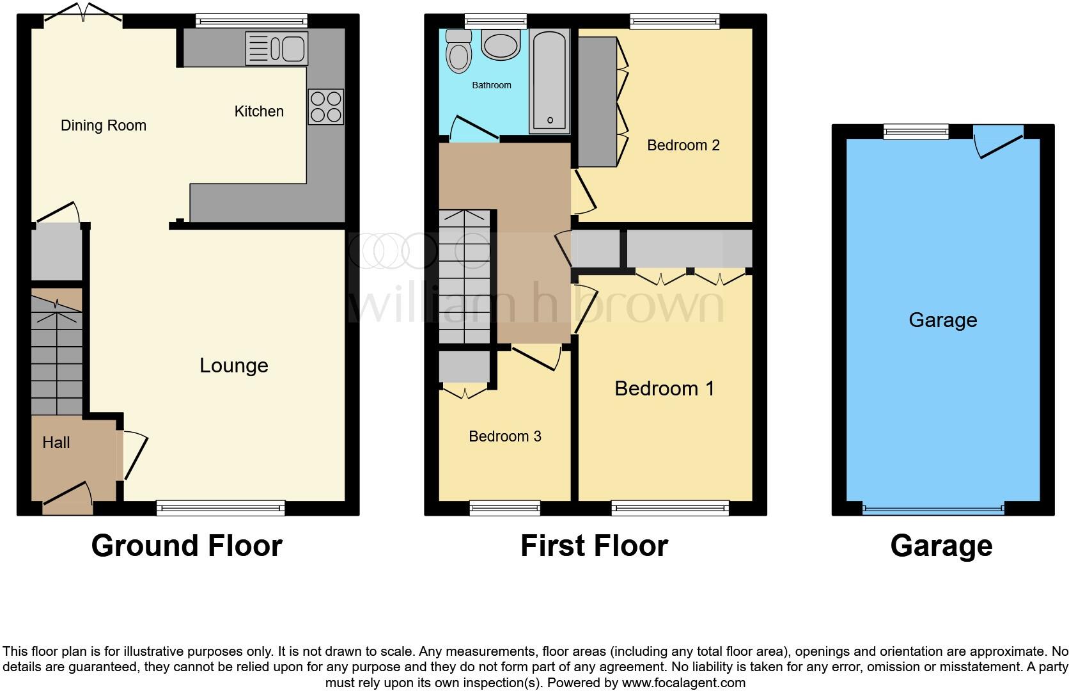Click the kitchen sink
pyautogui.click(x=277, y=49)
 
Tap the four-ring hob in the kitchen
pyautogui.click(x=326, y=107)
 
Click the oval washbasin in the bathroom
pyautogui.click(x=501, y=46)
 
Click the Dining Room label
pyautogui.click(x=104, y=125)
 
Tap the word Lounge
pyautogui.click(x=233, y=365)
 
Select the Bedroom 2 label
pyautogui.click(x=683, y=145)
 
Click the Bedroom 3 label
pyautogui.click(x=504, y=436)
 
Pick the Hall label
pyautogui.click(x=56, y=442)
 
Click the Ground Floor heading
pyautogui.click(x=187, y=546)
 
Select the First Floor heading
pyautogui.click(x=594, y=546)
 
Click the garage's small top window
pyautogui.click(x=916, y=132)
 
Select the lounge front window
pyautogui.click(x=221, y=509)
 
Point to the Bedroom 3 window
pyautogui.click(x=504, y=509)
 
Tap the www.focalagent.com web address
pyautogui.click(x=683, y=683)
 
